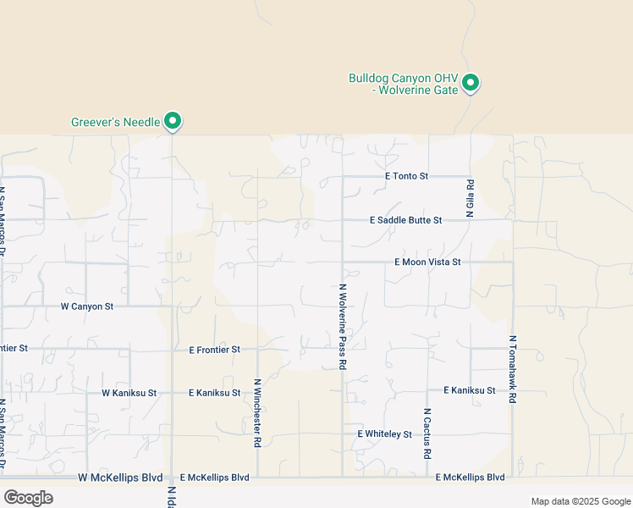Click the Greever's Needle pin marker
click(173, 121)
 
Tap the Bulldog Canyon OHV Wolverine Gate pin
click(471, 83)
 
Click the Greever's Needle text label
click(115, 122)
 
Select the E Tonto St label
click(407, 176)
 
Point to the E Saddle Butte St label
click(406, 220)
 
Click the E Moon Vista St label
click(427, 262)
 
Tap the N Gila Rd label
click(471, 198)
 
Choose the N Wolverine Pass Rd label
click(344, 327)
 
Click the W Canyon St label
click(87, 306)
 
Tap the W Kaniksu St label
click(129, 393)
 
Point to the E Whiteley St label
click(384, 434)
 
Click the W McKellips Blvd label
click(120, 478)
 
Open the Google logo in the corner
click(28, 498)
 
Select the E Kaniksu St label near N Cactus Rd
click(470, 390)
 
